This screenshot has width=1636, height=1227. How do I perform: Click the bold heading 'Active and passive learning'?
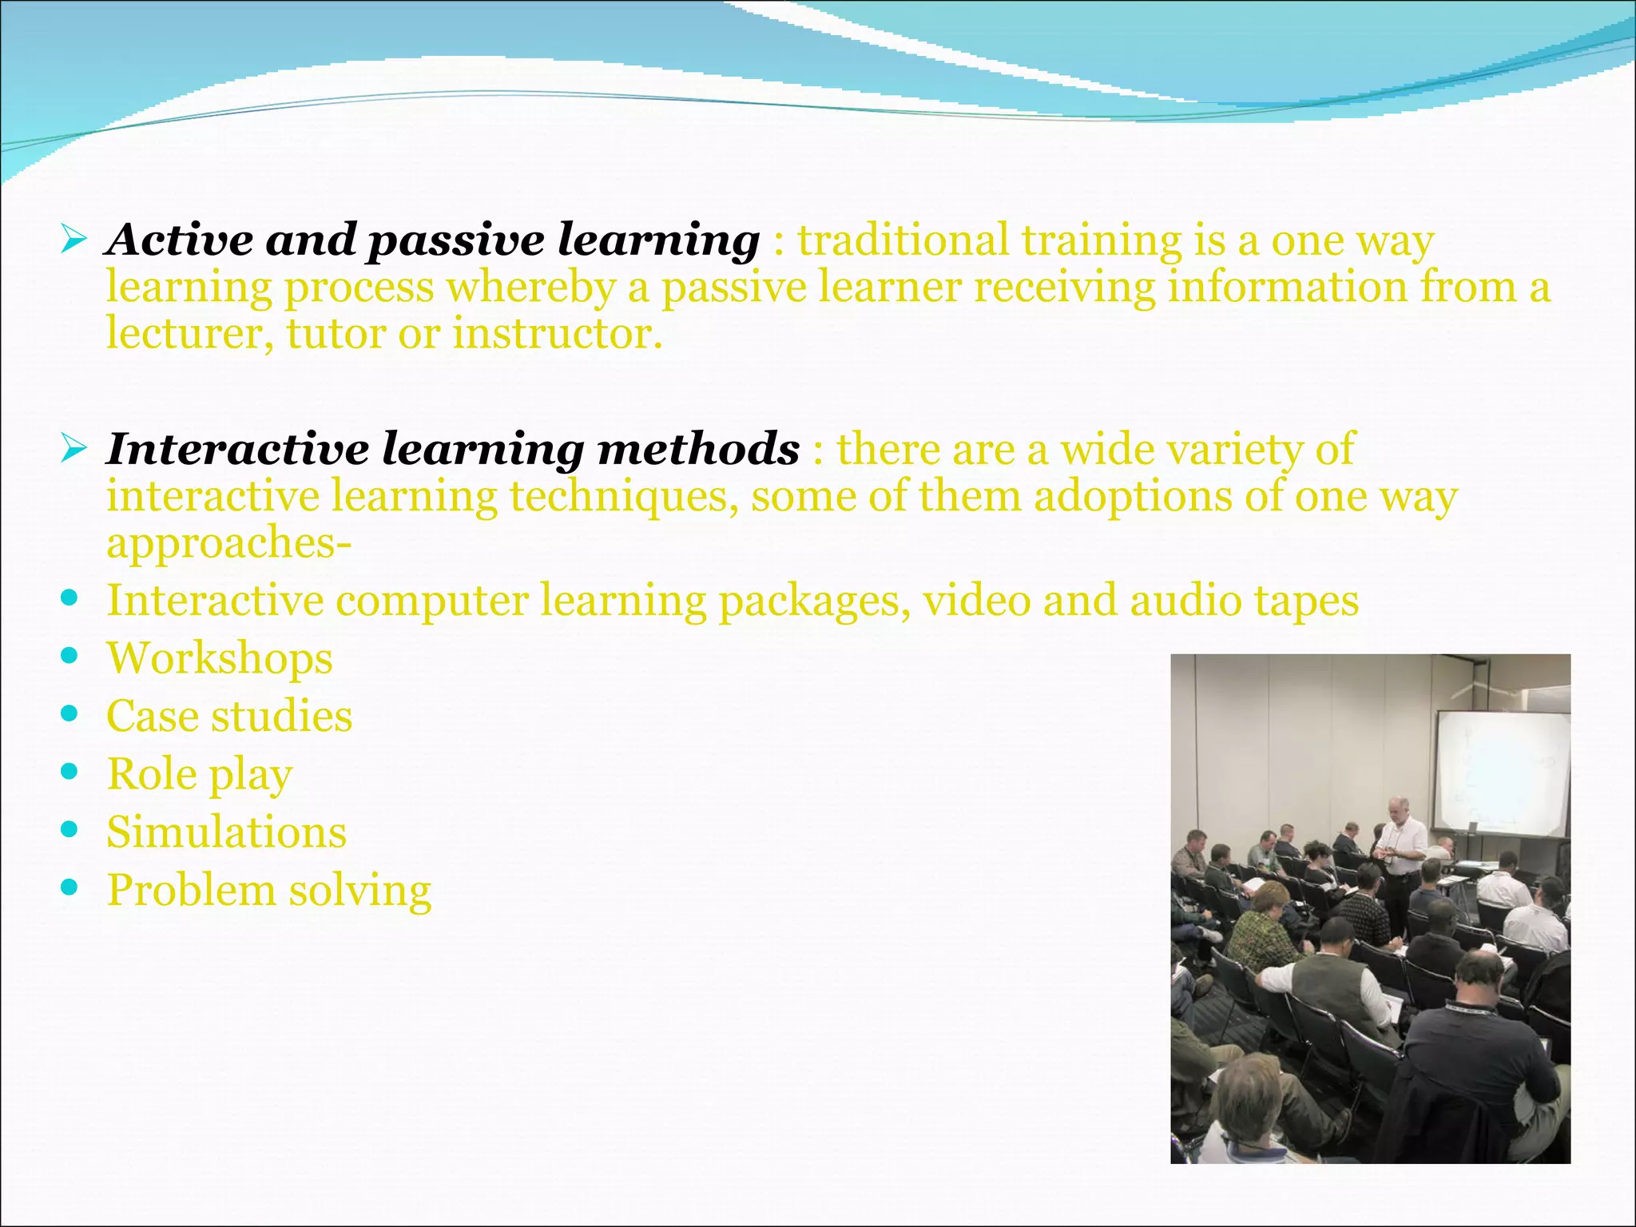(432, 240)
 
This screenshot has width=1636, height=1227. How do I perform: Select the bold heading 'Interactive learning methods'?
(452, 449)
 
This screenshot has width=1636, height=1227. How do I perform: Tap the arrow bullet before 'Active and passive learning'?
(73, 239)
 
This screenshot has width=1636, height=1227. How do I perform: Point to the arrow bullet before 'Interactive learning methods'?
(73, 448)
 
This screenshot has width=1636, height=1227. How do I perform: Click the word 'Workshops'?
(220, 659)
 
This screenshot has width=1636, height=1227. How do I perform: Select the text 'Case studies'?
(229, 717)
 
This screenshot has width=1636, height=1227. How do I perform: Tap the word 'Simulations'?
(227, 832)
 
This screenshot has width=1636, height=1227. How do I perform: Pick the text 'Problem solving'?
(269, 891)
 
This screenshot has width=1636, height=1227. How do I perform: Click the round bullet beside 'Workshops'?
(69, 656)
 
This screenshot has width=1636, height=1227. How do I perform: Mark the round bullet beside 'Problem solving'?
(69, 887)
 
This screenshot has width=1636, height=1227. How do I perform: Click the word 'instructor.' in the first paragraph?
(558, 334)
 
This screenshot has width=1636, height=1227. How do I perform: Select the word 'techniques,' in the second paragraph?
(624, 497)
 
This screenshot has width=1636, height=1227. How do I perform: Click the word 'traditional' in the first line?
(903, 240)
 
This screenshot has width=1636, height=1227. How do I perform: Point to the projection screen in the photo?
(1501, 771)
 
